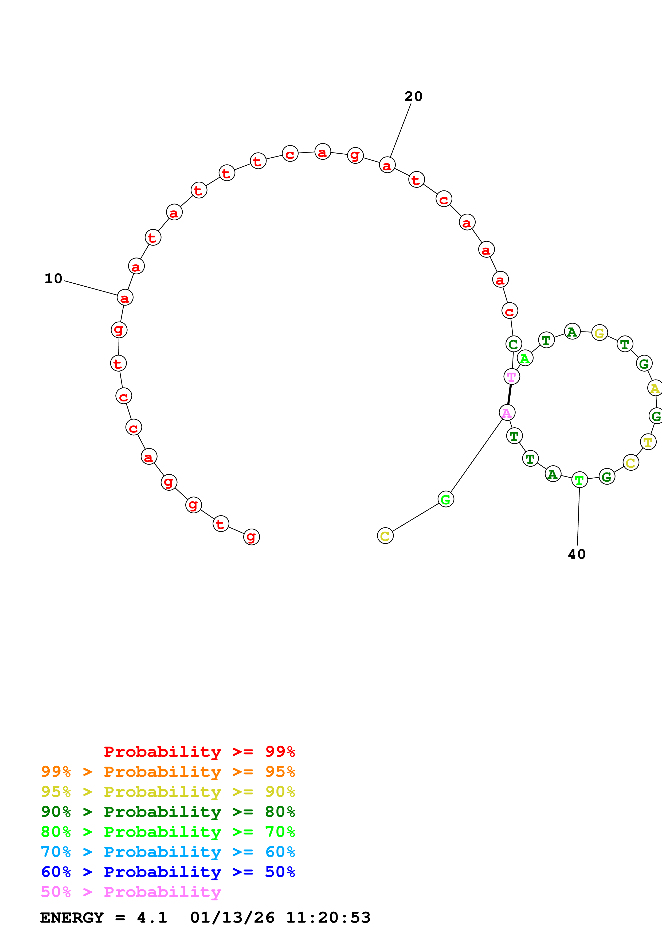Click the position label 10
tap(53, 279)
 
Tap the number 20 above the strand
tap(413, 97)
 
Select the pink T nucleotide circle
tap(511, 377)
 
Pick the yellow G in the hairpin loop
tap(599, 333)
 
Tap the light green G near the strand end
tap(445, 499)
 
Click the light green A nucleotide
tap(524, 358)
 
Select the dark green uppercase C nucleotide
tap(513, 344)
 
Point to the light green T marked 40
tap(579, 480)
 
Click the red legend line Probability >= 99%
tap(199, 752)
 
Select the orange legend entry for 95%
tap(168, 772)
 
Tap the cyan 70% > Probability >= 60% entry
tap(168, 852)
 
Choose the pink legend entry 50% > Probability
tap(131, 892)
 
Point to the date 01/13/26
tap(232, 918)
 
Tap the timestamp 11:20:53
tap(328, 918)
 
